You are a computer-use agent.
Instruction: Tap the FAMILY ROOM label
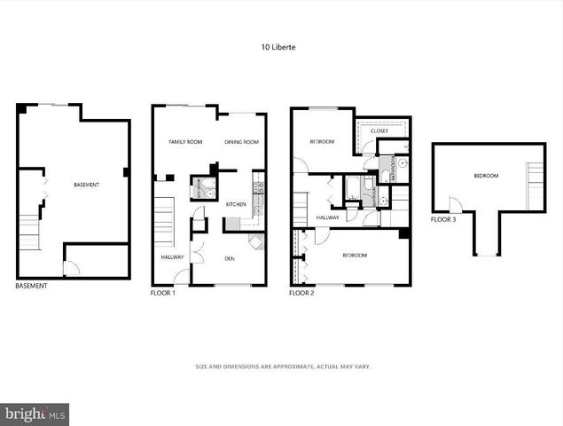[186, 142]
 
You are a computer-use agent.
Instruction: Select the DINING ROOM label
[241, 142]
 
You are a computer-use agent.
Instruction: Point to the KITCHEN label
[236, 204]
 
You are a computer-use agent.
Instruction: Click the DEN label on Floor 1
[229, 258]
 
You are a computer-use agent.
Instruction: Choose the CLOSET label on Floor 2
[379, 131]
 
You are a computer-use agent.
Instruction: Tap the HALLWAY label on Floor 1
[172, 258]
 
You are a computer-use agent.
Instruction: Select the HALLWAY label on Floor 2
[327, 217]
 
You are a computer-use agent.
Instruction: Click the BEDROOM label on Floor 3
[486, 176]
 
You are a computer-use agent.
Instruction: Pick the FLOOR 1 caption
[163, 293]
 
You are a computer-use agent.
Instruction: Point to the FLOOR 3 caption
[443, 219]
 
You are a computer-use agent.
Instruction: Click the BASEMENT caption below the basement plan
[31, 286]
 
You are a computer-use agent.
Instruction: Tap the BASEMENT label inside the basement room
[86, 185]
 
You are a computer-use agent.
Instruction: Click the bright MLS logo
[35, 414]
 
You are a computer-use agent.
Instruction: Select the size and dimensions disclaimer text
[282, 366]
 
